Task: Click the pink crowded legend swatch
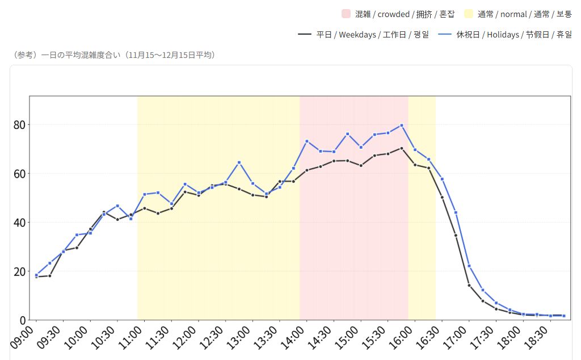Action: (x=346, y=14)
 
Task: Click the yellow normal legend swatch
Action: (x=469, y=14)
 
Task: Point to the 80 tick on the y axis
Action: (x=21, y=124)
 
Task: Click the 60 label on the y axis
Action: (x=21, y=173)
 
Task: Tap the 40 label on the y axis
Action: (x=21, y=222)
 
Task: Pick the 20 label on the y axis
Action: (x=21, y=271)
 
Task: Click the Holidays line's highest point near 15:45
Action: (x=401, y=125)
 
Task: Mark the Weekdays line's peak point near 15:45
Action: (x=401, y=148)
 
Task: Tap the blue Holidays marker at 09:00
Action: (x=36, y=275)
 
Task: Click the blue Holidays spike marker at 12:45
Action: (x=239, y=162)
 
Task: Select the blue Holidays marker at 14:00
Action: (x=306, y=141)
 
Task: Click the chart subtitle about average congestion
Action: (x=113, y=55)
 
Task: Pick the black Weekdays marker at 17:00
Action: (x=469, y=285)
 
